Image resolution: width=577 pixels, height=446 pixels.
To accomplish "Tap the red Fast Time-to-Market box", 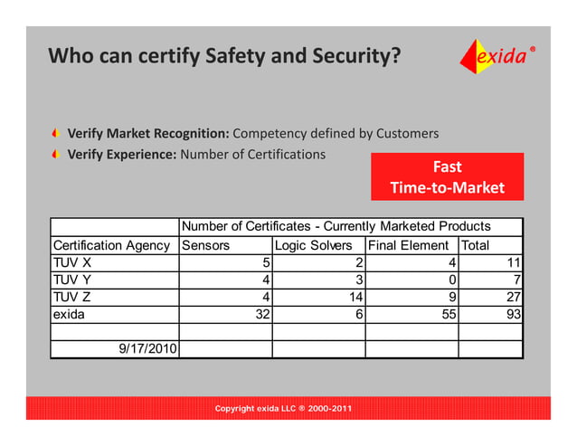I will pyautogui.click(x=447, y=178).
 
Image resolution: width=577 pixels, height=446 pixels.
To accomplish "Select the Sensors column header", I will pyautogui.click(x=206, y=245).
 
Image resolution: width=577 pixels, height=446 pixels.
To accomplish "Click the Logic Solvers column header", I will pyautogui.click(x=313, y=245).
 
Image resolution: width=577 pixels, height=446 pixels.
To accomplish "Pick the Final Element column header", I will pyautogui.click(x=408, y=245).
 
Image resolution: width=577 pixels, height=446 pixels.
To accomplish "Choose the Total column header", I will pyautogui.click(x=475, y=245).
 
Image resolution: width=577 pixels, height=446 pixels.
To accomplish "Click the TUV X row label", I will pyautogui.click(x=72, y=262).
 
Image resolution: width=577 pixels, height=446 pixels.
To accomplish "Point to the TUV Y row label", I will pyautogui.click(x=72, y=280).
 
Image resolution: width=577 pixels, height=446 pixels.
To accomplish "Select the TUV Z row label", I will pyautogui.click(x=72, y=297).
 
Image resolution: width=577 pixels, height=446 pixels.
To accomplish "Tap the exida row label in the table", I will pyautogui.click(x=71, y=314).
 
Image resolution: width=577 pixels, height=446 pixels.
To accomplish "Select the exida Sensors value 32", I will pyautogui.click(x=262, y=314).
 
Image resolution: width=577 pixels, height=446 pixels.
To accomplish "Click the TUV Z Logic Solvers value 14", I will pyautogui.click(x=355, y=297).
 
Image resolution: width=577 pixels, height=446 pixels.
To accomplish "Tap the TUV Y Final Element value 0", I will pyautogui.click(x=450, y=280).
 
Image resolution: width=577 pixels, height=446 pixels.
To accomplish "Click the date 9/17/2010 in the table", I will pyautogui.click(x=147, y=348).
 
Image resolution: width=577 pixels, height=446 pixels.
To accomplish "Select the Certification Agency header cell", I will pyautogui.click(x=112, y=245).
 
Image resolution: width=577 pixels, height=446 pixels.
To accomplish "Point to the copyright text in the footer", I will pyautogui.click(x=283, y=410).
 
